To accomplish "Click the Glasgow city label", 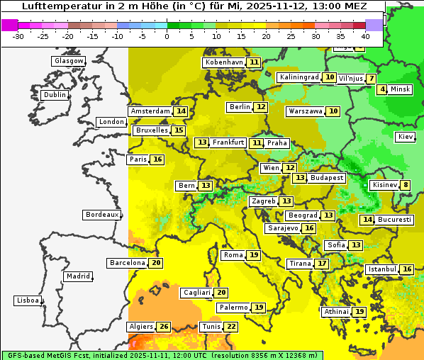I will point(69,61).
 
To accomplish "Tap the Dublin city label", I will point(55,95).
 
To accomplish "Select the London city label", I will point(111,122).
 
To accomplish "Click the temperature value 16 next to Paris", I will point(157,159).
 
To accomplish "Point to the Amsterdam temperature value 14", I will point(181,111).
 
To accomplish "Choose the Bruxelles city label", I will point(151,130).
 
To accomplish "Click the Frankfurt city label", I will point(228,142).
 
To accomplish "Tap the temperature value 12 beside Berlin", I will point(262,107).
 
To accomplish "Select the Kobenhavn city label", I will point(224,62).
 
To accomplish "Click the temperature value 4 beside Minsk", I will point(382,89).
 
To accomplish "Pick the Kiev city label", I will point(406,137).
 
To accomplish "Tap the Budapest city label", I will point(327,178).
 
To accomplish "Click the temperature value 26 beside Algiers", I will point(164,327).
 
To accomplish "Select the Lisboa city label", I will point(28,300).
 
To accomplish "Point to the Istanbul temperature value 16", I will point(407,269).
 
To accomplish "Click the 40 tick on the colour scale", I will point(365,35).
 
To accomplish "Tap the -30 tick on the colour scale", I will point(18,35).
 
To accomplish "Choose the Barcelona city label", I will point(127,263).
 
